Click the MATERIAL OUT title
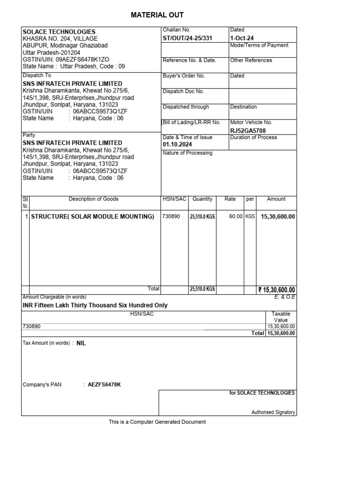(x=157, y=15)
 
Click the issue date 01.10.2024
(x=177, y=145)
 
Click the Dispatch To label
(x=37, y=75)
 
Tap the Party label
(x=29, y=135)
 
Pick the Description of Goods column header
(x=94, y=199)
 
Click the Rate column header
(x=230, y=199)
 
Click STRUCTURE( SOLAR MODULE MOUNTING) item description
(x=92, y=217)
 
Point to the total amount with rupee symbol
(x=277, y=290)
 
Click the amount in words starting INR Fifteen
(x=95, y=305)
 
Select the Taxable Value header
(x=281, y=317)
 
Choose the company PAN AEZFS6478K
(x=104, y=385)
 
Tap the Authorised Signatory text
(x=273, y=412)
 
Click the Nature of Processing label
(x=187, y=153)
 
